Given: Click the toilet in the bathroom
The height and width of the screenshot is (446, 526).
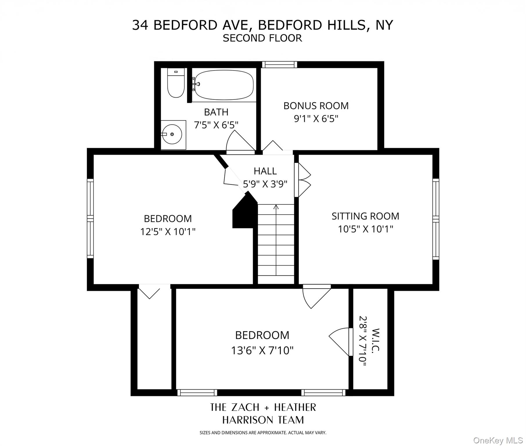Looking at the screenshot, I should coord(176,83).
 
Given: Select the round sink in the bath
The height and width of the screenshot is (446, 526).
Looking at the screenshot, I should coord(172,134).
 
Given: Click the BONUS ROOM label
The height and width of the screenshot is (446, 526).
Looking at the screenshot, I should coord(316,106).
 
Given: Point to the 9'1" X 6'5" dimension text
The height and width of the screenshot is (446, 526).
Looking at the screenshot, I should coord(316,119).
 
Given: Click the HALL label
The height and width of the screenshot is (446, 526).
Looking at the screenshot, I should coord(265,171).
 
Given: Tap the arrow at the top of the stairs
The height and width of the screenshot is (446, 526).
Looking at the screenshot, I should coord(276,207).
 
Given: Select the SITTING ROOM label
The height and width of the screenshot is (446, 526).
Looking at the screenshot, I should coord(365,216).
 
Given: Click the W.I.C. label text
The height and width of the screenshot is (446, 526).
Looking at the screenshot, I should coord(375,340).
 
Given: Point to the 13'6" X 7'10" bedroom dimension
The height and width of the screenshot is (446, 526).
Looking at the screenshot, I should coord(262,351).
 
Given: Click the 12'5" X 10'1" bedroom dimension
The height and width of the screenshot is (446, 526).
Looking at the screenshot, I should coord(168,232).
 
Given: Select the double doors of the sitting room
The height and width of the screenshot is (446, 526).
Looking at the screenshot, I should coord(303,180).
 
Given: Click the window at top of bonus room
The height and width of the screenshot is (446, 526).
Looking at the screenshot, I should coord(279,64).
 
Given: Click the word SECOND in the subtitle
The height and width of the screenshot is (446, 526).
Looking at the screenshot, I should coord(242,38).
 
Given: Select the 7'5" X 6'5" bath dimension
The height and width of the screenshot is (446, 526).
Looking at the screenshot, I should coord(216,125).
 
